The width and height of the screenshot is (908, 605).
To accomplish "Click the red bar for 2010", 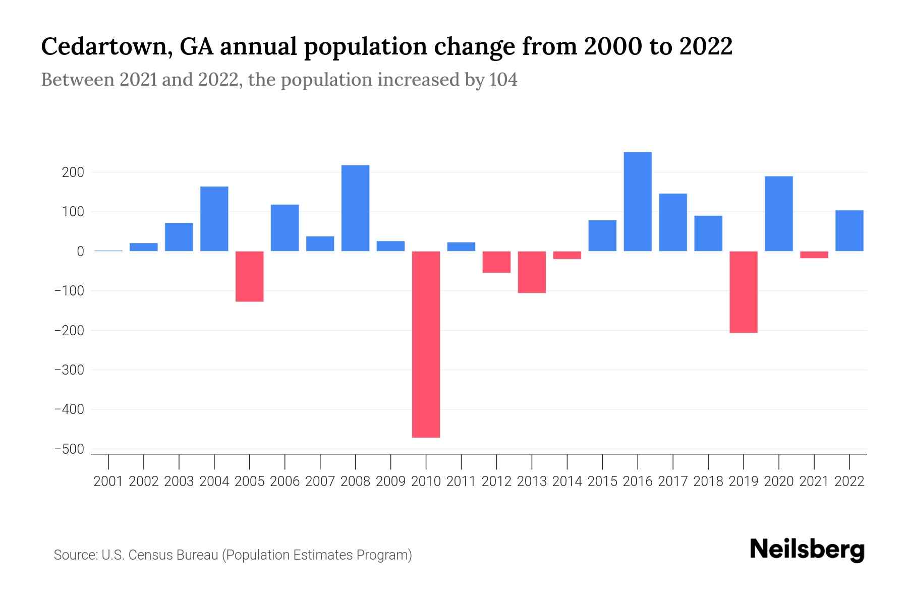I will point(426,344).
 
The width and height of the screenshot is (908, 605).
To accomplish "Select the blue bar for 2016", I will point(638,202).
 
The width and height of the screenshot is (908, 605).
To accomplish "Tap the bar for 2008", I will point(355,208).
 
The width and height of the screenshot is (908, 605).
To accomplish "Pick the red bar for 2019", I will point(744,292).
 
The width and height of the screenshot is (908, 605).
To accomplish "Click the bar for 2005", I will point(250,276).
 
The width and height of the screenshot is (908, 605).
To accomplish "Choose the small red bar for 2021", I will point(814,255).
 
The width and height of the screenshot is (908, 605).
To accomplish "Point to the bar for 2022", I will point(849,231).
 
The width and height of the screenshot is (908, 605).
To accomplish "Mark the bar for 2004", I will point(214,219).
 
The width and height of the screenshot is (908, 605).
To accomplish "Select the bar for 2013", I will point(532,272).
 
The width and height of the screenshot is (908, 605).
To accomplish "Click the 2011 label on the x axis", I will point(461,481).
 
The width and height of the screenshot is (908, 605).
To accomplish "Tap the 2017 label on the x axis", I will point(673,481).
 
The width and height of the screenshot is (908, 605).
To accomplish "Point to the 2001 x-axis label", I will point(108,481).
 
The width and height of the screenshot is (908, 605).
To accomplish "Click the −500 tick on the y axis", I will point(69,449).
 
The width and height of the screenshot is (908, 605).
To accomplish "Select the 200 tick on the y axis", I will point(73,172).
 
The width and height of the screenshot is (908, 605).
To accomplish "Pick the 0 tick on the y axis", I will point(80,252).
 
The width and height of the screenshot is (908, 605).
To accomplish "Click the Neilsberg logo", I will point(807,550).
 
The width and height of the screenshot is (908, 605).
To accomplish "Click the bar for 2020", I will point(779,214).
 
